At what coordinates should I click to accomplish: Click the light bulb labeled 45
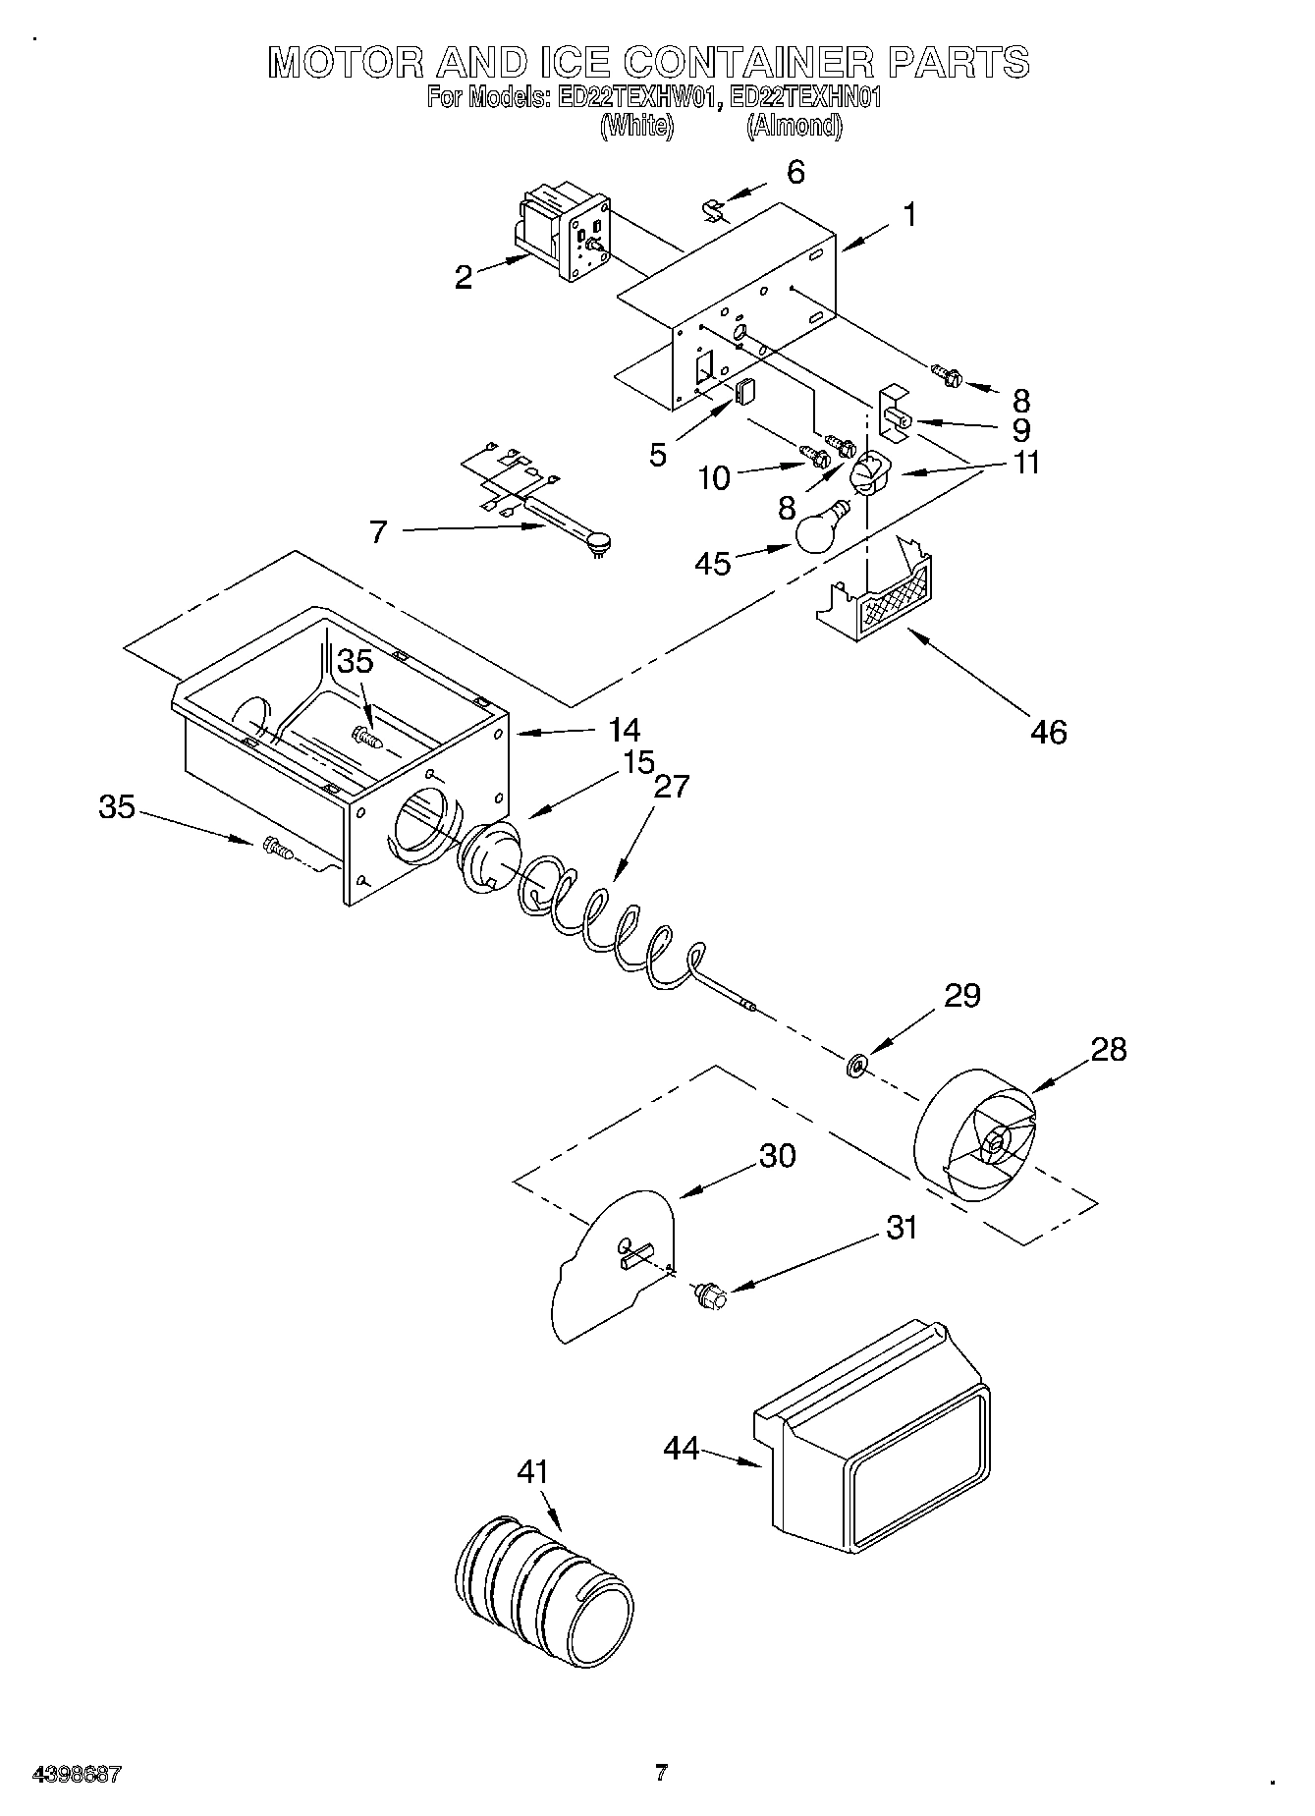[821, 531]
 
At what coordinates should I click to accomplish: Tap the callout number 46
[1049, 732]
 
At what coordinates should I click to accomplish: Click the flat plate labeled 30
[614, 1266]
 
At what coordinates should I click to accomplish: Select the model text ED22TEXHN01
[799, 98]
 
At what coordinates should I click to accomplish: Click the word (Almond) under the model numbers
[794, 125]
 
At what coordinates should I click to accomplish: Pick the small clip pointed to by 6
[714, 210]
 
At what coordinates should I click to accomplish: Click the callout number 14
[624, 730]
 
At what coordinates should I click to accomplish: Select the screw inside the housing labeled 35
[366, 735]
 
